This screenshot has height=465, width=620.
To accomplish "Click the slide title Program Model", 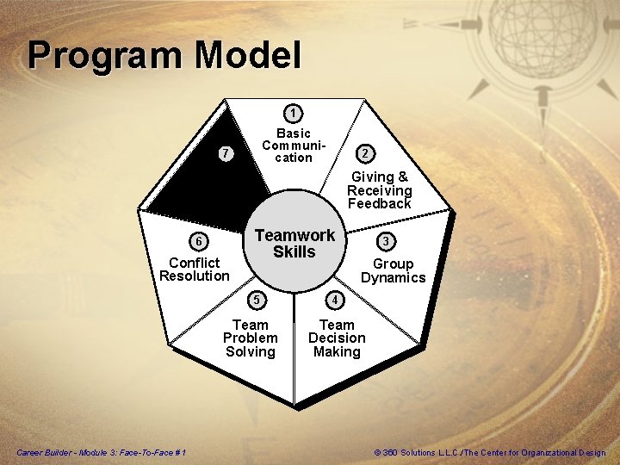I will (164, 56).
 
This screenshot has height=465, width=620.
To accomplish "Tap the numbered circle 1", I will (294, 113).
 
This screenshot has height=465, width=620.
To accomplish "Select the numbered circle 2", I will (366, 153).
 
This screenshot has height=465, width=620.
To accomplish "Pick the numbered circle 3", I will (388, 239).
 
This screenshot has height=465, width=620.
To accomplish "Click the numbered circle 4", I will (336, 300).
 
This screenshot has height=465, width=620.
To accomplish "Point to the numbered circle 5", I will (256, 300).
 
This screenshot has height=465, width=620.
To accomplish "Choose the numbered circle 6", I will (198, 241).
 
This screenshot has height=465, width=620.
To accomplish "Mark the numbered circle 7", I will (225, 154).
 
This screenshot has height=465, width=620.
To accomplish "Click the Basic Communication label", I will (294, 146).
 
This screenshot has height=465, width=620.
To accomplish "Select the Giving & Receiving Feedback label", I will (380, 190).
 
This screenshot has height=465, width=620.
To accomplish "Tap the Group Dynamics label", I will (393, 270).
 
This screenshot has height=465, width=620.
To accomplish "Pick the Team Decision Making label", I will (337, 338).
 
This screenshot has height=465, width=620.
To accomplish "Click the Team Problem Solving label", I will (250, 338).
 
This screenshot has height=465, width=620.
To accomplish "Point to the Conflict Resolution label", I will (195, 269).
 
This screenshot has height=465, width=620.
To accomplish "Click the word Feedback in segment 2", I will (380, 204).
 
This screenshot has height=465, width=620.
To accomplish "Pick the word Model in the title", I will (248, 56).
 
